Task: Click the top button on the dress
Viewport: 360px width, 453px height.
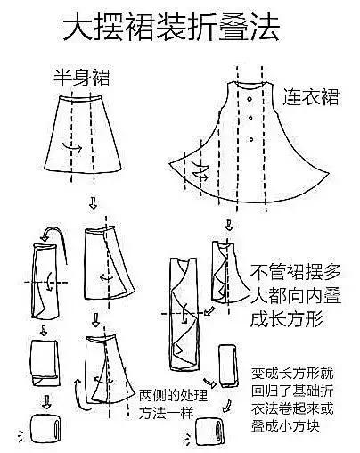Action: click(x=253, y=119)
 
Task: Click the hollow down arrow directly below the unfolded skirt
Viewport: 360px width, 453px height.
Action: click(x=94, y=203)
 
